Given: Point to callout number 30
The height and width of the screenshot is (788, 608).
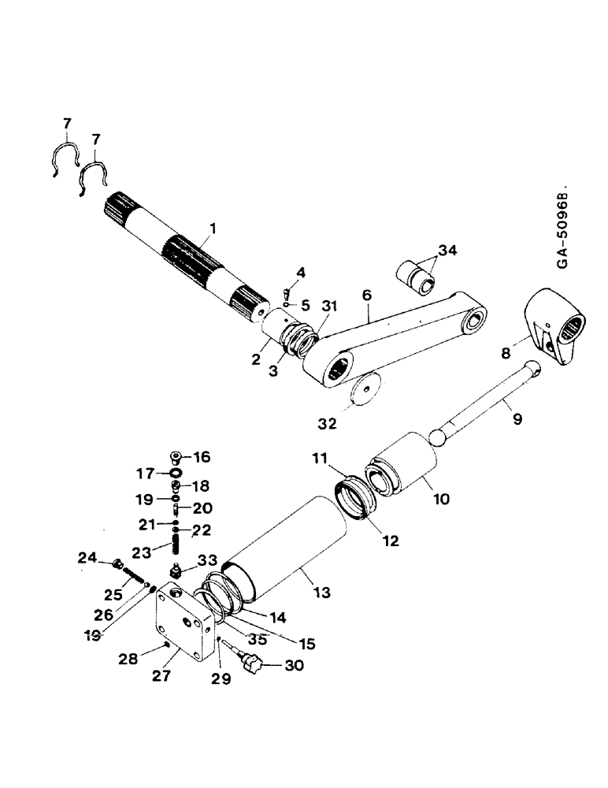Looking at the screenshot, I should click(x=272, y=667).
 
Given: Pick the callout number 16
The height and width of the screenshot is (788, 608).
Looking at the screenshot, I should click(x=203, y=456).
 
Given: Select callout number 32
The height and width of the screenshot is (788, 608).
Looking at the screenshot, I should click(x=327, y=424).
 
